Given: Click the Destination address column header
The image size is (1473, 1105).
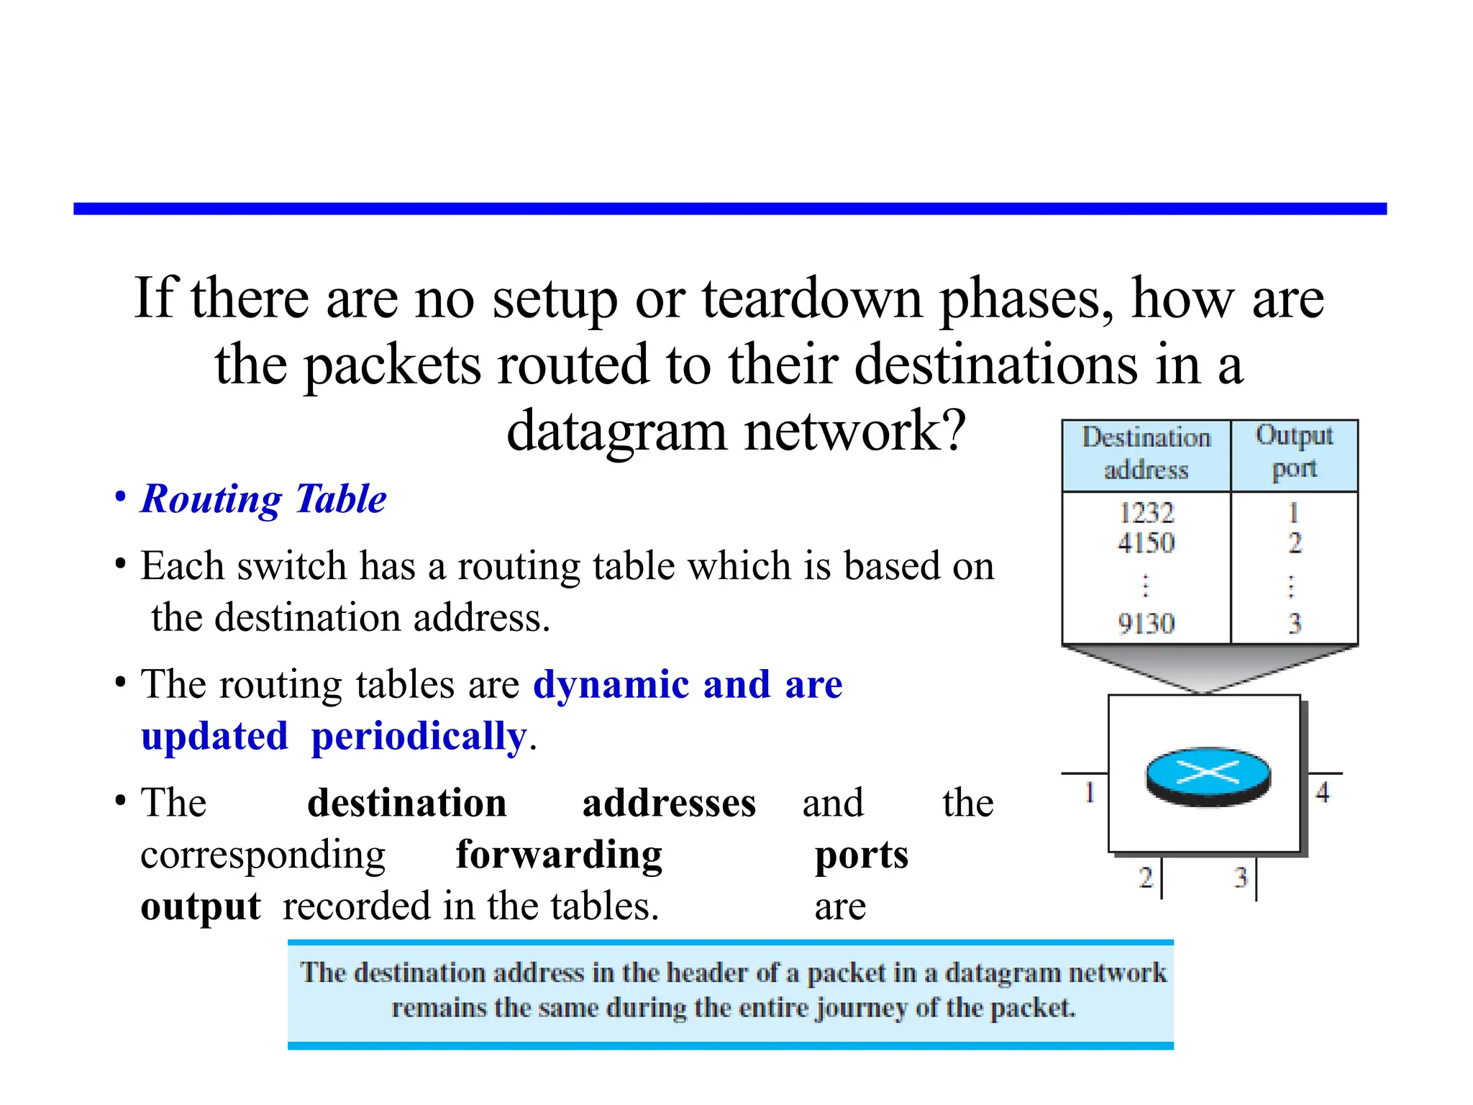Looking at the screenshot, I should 1146,454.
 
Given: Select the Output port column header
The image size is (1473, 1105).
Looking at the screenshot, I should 1294,453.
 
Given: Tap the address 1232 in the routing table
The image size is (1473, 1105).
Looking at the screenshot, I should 1146,513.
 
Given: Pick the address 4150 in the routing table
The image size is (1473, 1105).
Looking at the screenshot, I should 1146,542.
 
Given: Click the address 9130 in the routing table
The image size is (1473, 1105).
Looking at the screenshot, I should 1146,623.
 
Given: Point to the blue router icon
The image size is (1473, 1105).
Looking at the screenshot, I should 1208,776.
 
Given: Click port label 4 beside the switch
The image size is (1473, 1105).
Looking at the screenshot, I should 1322,792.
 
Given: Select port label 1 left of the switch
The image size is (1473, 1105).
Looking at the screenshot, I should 1090,792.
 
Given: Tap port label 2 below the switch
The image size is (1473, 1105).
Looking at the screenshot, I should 1146,878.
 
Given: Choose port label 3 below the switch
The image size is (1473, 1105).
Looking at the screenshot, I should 1241,878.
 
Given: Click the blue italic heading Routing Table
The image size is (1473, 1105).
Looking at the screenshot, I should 263,499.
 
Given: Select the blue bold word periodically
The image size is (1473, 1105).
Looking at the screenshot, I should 419,736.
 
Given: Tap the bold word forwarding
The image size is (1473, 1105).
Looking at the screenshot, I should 559,855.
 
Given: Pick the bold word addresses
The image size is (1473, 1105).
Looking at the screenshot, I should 669,803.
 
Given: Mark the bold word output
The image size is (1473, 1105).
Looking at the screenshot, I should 200,906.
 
